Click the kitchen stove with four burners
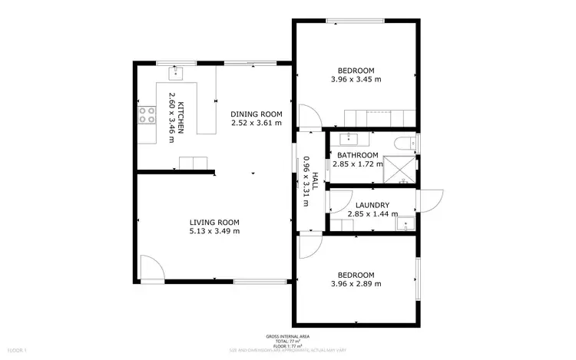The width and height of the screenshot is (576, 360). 147,115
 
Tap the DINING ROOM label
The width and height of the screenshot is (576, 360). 257,114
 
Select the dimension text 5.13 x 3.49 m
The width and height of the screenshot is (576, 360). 214,231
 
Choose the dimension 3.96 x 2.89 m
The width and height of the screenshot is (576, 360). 356,284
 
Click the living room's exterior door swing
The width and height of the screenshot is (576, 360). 153,269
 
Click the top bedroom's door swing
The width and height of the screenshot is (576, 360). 310,116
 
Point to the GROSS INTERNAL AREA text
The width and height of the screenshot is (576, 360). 288,337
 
